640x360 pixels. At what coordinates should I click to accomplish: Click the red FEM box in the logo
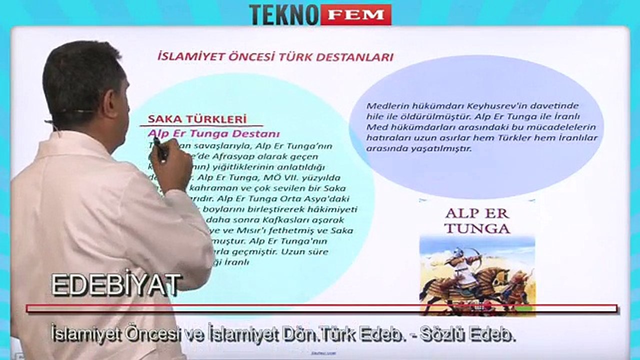[x=355, y=14]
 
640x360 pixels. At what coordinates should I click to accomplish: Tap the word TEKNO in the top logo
[x=283, y=14]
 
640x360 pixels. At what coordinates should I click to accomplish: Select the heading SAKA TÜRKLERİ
[x=197, y=119]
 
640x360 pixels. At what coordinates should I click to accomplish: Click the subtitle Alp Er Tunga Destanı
[x=213, y=133]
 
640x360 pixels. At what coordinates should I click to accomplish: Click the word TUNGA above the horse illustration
[x=477, y=228]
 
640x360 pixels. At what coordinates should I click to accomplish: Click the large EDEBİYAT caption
[x=115, y=285]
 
